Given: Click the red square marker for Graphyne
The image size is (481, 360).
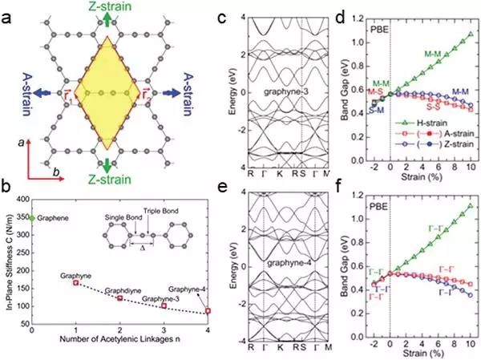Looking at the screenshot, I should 75,283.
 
